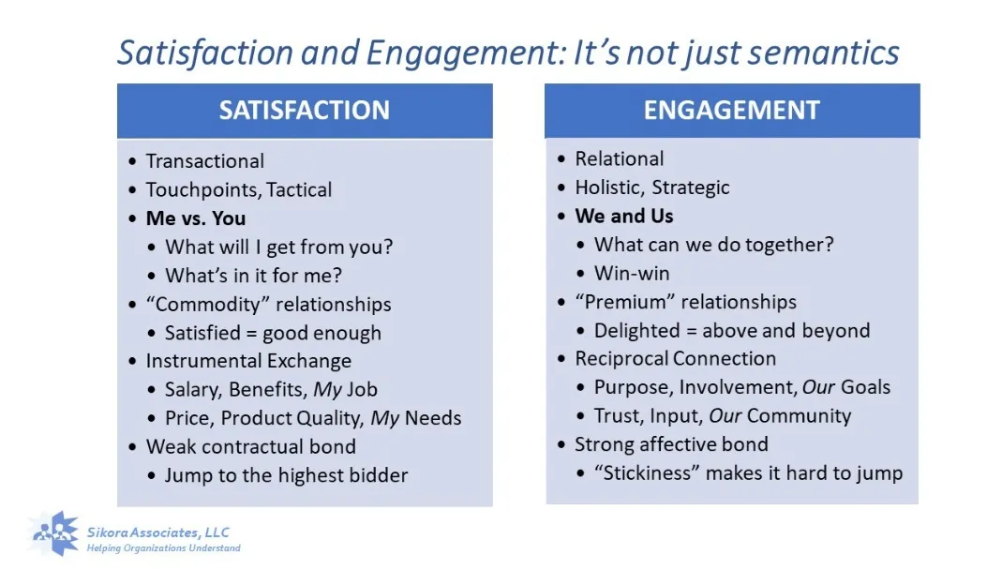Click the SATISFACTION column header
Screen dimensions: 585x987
coord(304,111)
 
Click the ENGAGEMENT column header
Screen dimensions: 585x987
coord(731,111)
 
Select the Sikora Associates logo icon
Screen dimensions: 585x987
coord(56,534)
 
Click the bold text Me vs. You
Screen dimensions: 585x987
coord(195,218)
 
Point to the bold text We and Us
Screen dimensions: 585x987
coord(623,216)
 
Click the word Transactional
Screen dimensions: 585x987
coord(204,161)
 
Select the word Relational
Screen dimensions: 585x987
coord(619,158)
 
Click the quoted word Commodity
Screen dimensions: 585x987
coord(207,305)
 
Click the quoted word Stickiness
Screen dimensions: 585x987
coord(647,472)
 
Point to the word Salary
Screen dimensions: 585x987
coord(192,389)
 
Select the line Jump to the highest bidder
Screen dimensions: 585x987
coord(286,475)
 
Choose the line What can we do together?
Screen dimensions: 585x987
coord(713,245)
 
